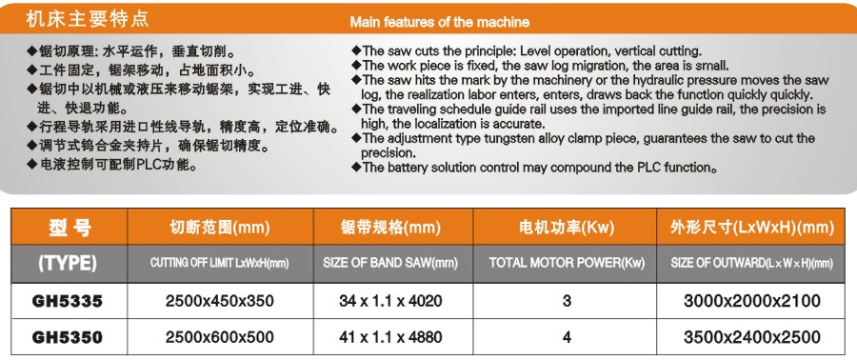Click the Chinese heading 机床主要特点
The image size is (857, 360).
87,19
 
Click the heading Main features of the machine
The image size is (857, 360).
439,23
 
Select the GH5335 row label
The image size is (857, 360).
68,301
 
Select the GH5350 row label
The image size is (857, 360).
68,337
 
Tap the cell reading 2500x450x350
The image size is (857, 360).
220,301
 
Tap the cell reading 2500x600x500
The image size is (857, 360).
220,337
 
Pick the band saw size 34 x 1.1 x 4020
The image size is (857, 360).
390,301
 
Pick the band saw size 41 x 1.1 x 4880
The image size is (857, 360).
390,337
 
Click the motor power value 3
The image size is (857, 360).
567,301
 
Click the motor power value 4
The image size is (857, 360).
567,337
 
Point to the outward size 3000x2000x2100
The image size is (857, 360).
752,301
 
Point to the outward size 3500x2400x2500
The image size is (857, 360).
752,337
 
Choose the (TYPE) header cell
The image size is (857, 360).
68,264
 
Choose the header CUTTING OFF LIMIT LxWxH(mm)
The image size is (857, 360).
220,263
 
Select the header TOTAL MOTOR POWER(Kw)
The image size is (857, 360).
567,263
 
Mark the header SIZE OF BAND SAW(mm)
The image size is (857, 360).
390,263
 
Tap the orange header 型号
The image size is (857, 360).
70,227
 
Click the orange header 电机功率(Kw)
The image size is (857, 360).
567,227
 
